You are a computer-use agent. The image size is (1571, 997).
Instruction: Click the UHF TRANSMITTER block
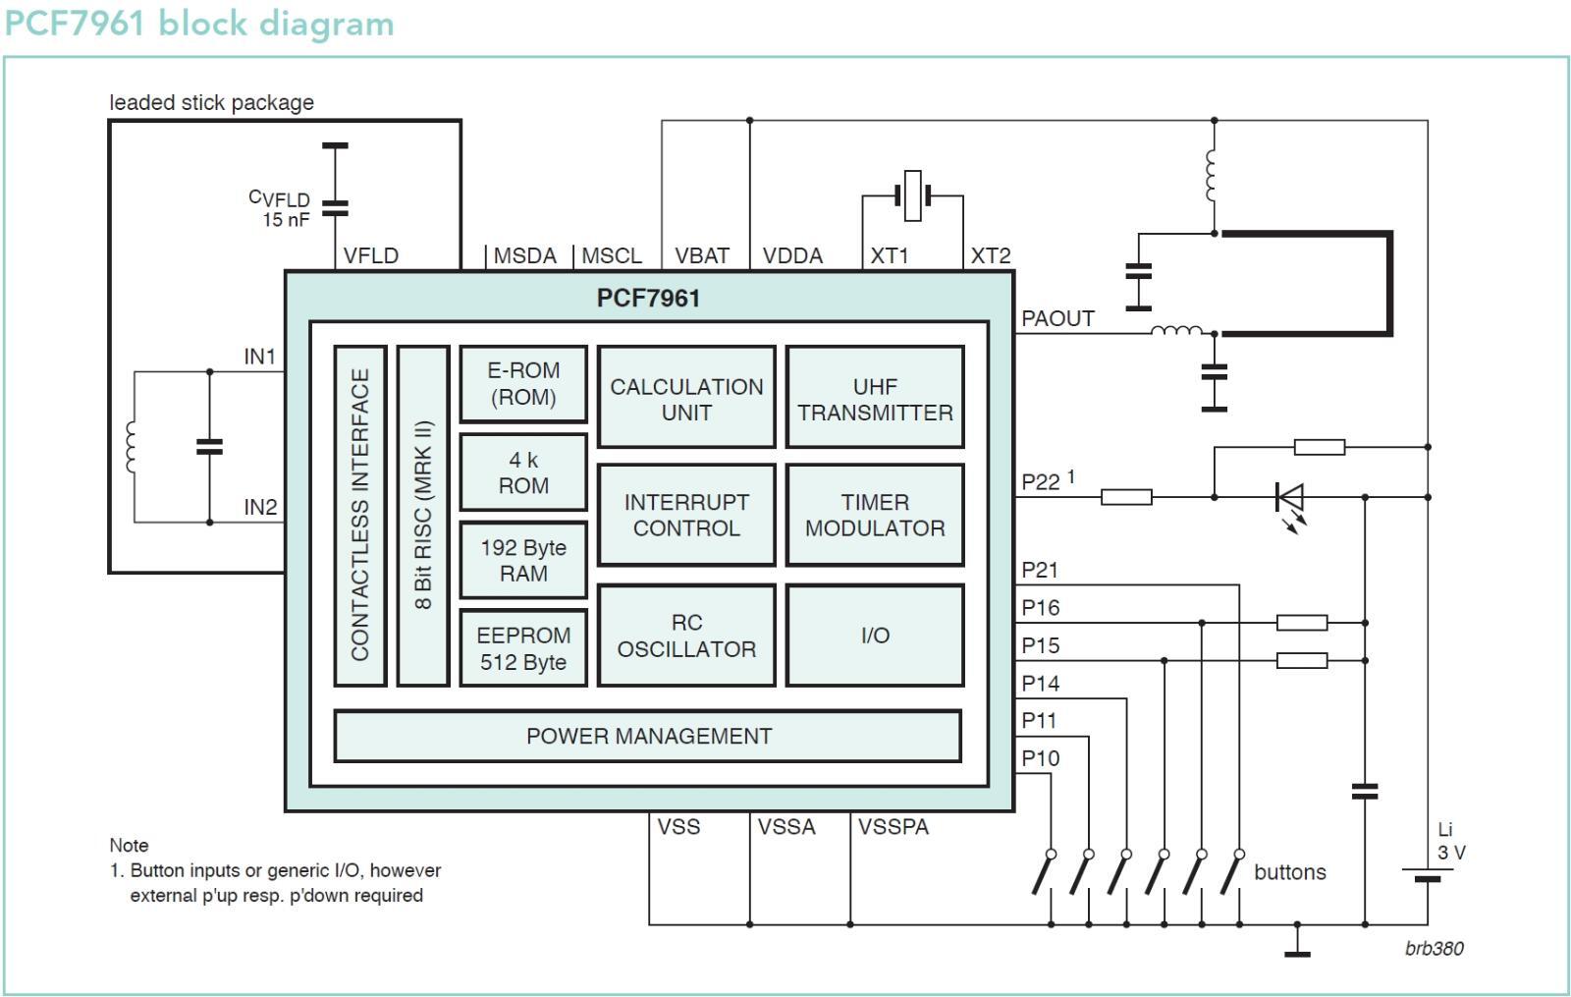pyautogui.click(x=875, y=397)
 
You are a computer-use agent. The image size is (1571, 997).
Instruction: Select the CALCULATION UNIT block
pyautogui.click(x=686, y=397)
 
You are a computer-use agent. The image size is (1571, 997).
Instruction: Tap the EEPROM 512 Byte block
pyautogui.click(x=523, y=648)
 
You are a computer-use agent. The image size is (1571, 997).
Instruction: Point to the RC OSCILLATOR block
pyautogui.click(x=686, y=636)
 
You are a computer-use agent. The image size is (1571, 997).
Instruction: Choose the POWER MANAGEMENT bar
pyautogui.click(x=648, y=736)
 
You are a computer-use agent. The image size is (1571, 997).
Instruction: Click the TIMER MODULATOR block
pyautogui.click(x=875, y=515)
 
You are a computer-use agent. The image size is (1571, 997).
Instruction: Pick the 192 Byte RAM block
pyautogui.click(x=523, y=560)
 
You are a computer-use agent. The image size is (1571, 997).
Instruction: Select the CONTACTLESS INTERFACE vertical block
pyautogui.click(x=360, y=516)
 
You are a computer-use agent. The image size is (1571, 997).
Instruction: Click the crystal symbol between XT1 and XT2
pyautogui.click(x=912, y=195)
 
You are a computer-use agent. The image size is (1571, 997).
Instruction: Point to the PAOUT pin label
pyautogui.click(x=1057, y=318)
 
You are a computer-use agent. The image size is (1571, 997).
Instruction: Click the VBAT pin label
pyautogui.click(x=702, y=255)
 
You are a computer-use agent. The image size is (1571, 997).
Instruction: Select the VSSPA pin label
pyautogui.click(x=894, y=826)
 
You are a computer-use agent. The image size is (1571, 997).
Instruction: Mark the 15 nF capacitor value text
pyautogui.click(x=286, y=220)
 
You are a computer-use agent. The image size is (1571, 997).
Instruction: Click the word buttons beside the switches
pyautogui.click(x=1290, y=872)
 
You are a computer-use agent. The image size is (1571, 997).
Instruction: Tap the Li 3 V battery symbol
pyautogui.click(x=1428, y=874)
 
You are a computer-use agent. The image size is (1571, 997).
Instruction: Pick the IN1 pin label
pyautogui.click(x=259, y=357)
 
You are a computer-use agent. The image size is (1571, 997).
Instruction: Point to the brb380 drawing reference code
pyautogui.click(x=1435, y=949)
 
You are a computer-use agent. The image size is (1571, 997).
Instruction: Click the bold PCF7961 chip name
pyautogui.click(x=648, y=299)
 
